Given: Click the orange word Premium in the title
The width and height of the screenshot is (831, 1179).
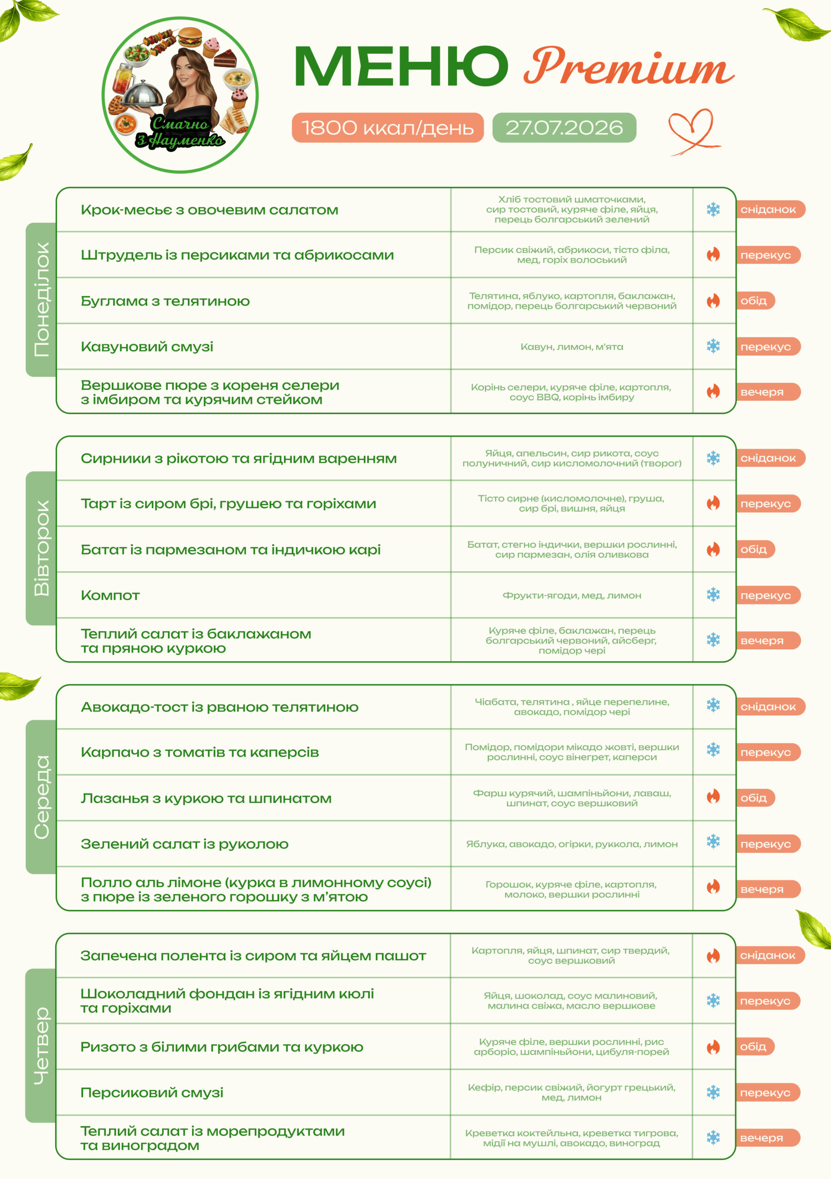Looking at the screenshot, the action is (x=629, y=67).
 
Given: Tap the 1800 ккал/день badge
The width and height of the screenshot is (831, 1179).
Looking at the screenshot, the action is (x=388, y=128).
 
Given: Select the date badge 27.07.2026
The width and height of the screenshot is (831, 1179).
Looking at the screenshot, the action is (x=564, y=128).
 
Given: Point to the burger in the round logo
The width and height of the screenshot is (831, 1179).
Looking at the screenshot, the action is (x=190, y=37).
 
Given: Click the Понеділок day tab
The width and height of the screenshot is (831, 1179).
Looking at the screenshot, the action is (x=41, y=299).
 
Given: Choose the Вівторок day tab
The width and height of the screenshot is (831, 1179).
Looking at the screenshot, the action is (x=41, y=548).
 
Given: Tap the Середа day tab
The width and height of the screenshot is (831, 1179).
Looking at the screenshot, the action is (x=41, y=796).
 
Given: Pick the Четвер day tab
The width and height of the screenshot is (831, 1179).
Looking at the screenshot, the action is (x=41, y=1045).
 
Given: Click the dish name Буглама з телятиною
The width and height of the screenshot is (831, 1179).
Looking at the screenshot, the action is (x=165, y=301).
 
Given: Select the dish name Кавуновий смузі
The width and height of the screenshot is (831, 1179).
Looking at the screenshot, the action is (x=147, y=347).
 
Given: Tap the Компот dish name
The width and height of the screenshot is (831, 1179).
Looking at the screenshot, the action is (x=110, y=595).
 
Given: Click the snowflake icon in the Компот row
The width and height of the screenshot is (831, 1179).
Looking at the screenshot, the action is (x=714, y=595).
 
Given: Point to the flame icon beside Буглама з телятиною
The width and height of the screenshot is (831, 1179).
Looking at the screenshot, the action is (x=714, y=300).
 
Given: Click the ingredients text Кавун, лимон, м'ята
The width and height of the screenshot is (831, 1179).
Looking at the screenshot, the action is (x=572, y=347).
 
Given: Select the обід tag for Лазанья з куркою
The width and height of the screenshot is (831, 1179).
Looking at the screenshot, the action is (x=755, y=798).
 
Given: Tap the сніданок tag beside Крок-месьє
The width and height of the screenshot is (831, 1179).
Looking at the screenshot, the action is (x=770, y=210).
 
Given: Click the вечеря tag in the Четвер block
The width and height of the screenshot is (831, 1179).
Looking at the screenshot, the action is (x=768, y=1138).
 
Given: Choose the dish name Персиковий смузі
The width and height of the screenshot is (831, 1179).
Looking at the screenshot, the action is (x=152, y=1092).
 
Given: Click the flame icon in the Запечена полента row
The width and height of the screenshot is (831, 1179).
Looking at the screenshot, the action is (x=714, y=956).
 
